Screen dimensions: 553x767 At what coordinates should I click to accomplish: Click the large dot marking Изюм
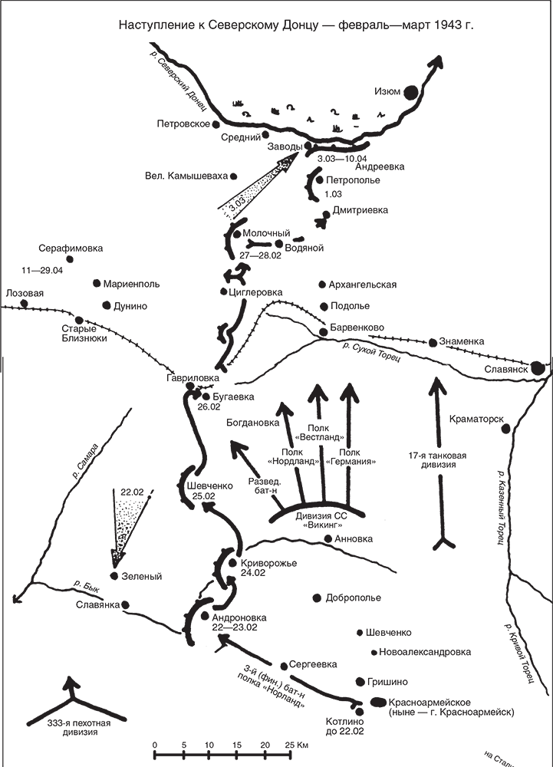point(412,91)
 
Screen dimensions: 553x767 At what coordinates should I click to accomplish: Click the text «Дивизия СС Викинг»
point(321,520)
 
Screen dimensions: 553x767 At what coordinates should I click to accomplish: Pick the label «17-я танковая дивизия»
point(437,459)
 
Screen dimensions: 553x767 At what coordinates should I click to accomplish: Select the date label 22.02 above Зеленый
point(132,492)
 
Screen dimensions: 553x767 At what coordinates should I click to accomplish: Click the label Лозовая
point(25,293)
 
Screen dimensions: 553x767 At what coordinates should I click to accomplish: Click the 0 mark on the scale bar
point(155,744)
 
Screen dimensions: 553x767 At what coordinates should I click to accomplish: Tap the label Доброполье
point(354,597)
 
